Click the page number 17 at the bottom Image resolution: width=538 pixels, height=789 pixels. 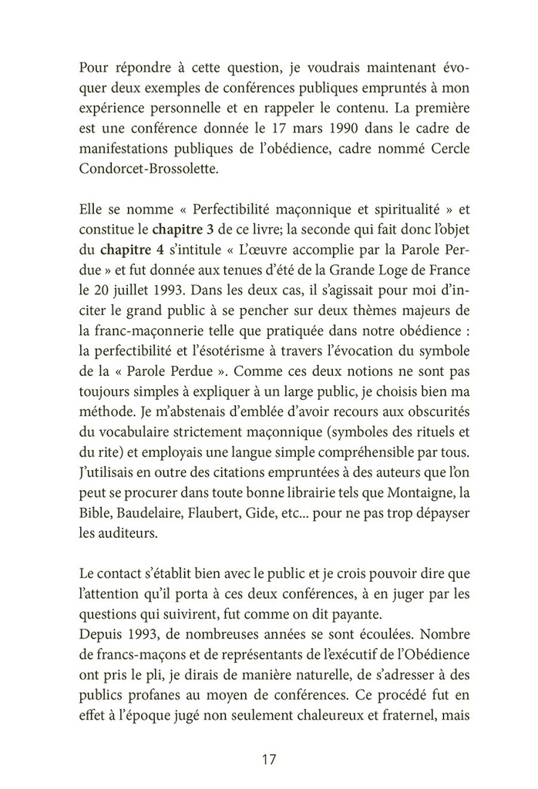(x=269, y=759)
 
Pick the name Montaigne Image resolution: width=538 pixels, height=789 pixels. (x=420, y=490)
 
